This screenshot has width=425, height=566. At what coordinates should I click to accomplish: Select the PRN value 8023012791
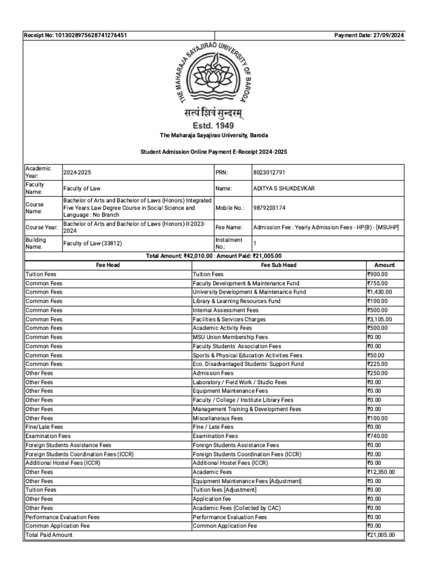coord(270,172)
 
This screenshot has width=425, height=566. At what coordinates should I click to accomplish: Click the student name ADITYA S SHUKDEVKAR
coord(285,188)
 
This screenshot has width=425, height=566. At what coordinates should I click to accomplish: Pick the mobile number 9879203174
coord(270,208)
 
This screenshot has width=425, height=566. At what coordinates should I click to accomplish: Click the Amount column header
coord(384,265)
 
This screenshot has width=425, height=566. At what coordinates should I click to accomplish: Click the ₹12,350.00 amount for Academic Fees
coord(381,472)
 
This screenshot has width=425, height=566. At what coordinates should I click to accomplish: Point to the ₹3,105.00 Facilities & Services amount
coord(380,319)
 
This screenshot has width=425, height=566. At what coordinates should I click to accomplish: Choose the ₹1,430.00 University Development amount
coord(380,292)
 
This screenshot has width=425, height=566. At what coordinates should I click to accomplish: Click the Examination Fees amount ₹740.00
coord(377,436)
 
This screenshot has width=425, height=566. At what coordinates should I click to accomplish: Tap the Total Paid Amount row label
coord(49,536)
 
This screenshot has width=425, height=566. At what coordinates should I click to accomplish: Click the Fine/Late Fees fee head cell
coord(44,427)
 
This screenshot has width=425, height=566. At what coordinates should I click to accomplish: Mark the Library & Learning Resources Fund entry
coord(236,301)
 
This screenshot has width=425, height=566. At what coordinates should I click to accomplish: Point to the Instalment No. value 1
coord(255,243)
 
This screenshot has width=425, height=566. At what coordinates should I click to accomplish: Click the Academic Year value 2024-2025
coord(76,172)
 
